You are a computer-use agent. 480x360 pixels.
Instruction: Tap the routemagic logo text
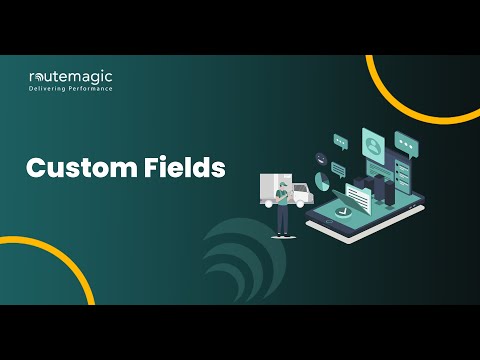coord(69,76)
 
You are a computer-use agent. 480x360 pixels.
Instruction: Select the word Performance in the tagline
coord(90,89)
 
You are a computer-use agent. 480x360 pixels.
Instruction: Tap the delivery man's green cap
coord(284,183)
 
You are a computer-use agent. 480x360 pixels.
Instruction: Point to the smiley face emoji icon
coord(322,158)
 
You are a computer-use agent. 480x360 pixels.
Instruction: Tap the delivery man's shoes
coord(283,235)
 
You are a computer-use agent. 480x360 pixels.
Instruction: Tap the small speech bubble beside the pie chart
coord(338,168)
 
